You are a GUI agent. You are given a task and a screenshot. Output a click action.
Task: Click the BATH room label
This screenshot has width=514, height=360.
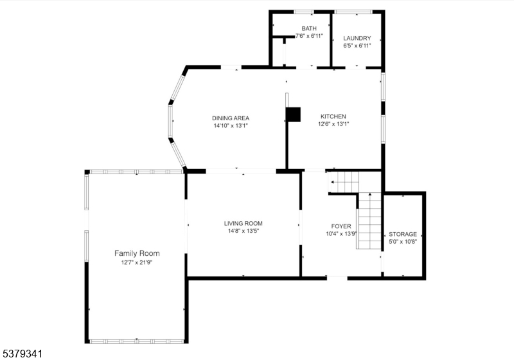coord(310,28)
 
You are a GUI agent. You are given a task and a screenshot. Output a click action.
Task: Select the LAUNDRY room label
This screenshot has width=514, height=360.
coord(357,38)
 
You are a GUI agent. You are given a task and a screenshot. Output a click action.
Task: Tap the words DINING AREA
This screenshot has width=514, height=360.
coord(231,118)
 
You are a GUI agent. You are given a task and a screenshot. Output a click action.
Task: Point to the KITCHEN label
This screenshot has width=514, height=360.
coord(333,116)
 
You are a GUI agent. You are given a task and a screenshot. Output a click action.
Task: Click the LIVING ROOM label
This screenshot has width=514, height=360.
coord(243,223)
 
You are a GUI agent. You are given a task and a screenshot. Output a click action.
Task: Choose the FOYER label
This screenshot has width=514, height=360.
coord(341,226)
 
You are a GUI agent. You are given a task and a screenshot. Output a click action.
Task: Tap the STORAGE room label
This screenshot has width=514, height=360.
coord(403,234)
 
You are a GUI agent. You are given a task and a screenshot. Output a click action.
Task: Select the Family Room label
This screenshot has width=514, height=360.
coord(137,253)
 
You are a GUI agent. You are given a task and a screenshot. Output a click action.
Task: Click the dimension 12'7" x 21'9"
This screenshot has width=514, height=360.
coord(137,262)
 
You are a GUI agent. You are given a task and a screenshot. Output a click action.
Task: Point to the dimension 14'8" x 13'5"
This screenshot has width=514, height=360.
coord(243,231)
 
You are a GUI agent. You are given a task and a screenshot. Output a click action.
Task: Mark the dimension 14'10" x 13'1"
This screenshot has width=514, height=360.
coord(231,126)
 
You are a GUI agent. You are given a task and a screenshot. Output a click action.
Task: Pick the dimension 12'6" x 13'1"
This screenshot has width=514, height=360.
coord(333,124)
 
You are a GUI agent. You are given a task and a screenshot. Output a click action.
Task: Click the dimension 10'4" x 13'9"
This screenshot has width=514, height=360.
coord(341,234)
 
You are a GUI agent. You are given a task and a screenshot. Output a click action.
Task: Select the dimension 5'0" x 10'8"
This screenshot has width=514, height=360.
coord(403,242)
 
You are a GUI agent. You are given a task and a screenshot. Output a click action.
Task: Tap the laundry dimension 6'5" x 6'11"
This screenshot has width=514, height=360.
coord(357,46)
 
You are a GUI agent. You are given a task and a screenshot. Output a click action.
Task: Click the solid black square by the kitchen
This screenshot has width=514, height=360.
coord(294,114)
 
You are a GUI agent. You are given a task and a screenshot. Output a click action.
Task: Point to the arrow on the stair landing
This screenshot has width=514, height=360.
coord(333,183)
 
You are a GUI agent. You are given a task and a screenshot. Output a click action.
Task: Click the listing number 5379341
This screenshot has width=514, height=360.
coord(22,353)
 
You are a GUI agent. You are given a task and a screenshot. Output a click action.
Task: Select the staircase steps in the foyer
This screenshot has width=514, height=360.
coord(369,222)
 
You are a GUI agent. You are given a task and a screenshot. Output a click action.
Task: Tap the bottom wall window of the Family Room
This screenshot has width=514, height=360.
coord(136,341)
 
